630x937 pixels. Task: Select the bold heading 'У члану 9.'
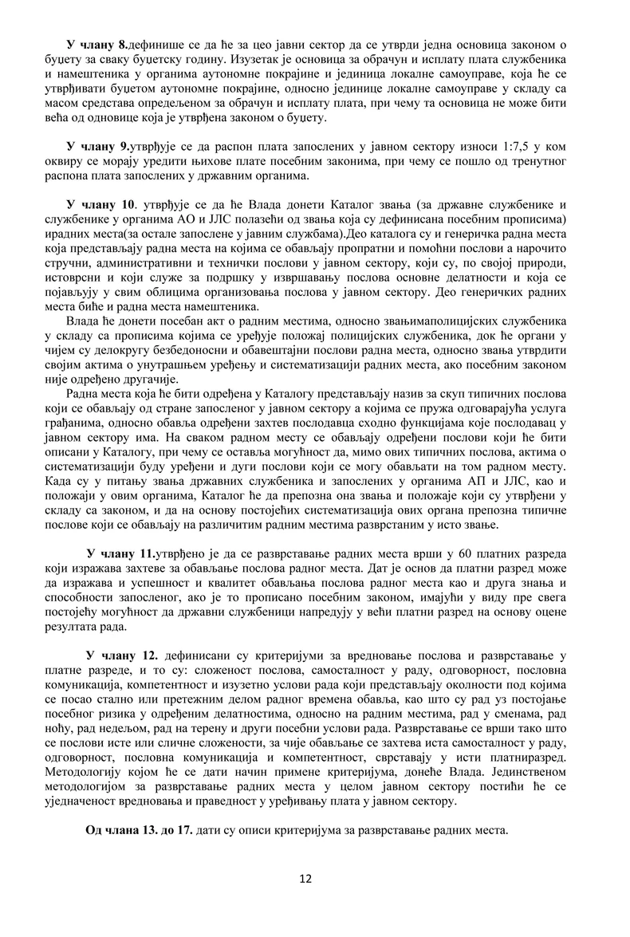click(x=98, y=147)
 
